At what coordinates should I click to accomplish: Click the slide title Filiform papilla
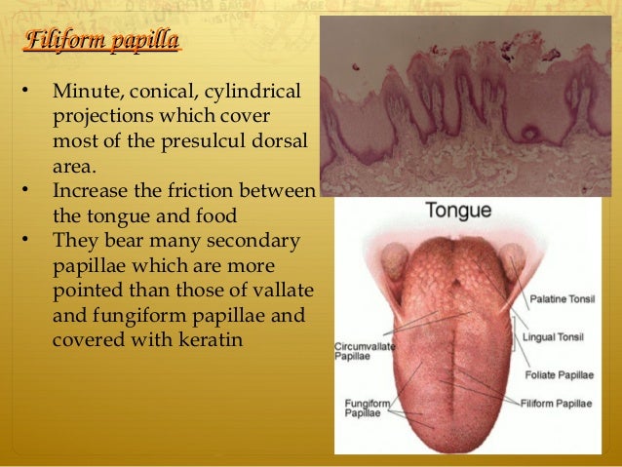[x=101, y=41]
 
